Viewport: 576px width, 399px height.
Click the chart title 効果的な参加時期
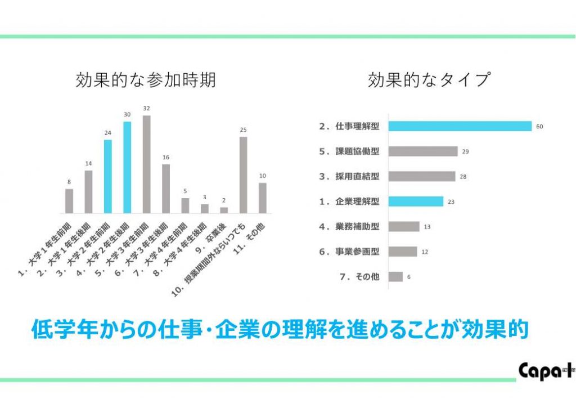tap(145, 80)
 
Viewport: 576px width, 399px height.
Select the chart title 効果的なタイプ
tap(429, 80)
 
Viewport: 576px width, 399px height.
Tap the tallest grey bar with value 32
tap(146, 164)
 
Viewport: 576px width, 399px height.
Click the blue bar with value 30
tap(127, 167)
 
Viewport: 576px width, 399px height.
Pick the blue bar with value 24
tap(108, 176)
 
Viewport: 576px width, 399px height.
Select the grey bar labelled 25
tap(243, 174)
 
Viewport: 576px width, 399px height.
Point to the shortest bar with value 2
tap(224, 210)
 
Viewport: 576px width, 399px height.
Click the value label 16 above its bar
tap(165, 158)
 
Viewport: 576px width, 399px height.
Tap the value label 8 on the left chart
tap(69, 182)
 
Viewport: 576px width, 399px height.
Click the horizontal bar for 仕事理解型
tap(460, 126)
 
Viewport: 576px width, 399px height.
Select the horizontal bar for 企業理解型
tap(416, 201)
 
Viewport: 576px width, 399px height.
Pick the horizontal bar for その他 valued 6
tap(395, 276)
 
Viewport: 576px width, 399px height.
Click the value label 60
tap(539, 127)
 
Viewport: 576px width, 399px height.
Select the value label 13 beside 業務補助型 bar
tap(427, 227)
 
